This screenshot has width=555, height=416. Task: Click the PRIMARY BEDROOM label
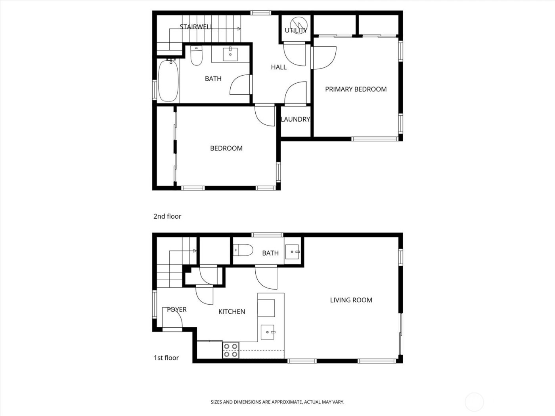pyautogui.click(x=356, y=89)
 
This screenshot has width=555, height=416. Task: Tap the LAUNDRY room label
pyautogui.click(x=295, y=119)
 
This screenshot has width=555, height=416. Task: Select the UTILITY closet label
pyautogui.click(x=296, y=30)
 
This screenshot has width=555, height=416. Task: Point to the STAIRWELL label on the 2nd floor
pyautogui.click(x=196, y=27)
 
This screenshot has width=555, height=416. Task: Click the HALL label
pyautogui.click(x=279, y=67)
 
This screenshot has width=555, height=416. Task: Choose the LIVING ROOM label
pyautogui.click(x=351, y=300)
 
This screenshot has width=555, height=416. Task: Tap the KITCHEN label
pyautogui.click(x=232, y=312)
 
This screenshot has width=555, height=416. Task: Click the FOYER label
pyautogui.click(x=176, y=309)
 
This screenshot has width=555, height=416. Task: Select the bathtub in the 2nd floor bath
pyautogui.click(x=168, y=80)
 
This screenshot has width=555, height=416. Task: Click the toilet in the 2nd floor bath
pyautogui.click(x=196, y=56)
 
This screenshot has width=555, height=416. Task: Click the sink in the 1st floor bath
pyautogui.click(x=294, y=251)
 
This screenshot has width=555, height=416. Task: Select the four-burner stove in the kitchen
pyautogui.click(x=231, y=350)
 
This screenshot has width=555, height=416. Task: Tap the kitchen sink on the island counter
pyautogui.click(x=268, y=332)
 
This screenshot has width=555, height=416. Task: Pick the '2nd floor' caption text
pyautogui.click(x=167, y=216)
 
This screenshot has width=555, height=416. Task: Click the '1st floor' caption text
pyautogui.click(x=166, y=358)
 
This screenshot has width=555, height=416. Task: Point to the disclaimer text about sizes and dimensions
pyautogui.click(x=277, y=402)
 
